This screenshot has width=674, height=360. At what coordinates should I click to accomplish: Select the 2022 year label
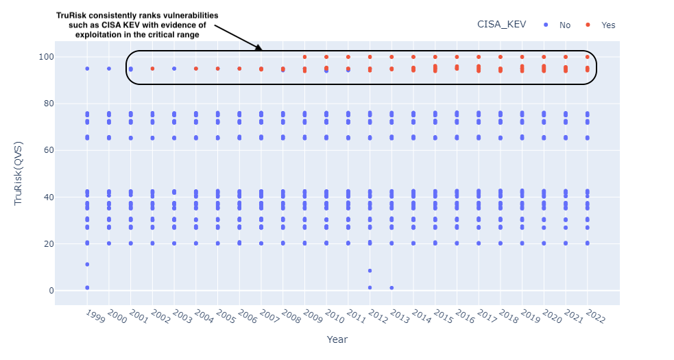[594, 317]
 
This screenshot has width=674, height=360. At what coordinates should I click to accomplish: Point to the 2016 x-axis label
[464, 317]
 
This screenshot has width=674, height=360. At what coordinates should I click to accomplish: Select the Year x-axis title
[337, 339]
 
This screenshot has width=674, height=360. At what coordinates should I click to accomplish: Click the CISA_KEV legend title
[501, 25]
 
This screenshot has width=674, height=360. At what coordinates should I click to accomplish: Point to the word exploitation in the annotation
[106, 34]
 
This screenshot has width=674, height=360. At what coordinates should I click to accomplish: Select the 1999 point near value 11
[87, 264]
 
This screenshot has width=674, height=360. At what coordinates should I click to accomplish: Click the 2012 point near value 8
[370, 271]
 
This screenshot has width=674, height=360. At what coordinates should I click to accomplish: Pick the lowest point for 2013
[392, 288]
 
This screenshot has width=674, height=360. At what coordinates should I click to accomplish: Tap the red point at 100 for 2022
[587, 57]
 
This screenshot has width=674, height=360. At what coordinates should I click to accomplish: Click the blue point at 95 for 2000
[108, 69]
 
